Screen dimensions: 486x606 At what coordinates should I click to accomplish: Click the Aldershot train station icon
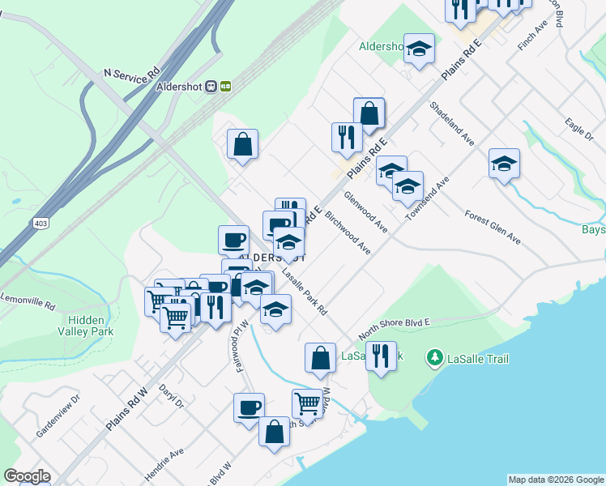(211, 86)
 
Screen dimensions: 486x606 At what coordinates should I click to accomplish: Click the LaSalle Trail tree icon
(435, 357)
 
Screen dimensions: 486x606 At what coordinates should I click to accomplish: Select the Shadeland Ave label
(452, 123)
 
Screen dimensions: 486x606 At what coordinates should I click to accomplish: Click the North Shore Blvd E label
(394, 327)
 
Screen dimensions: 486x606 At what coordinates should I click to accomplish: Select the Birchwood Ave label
(348, 234)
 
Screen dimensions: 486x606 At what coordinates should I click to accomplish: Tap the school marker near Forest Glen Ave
(504, 164)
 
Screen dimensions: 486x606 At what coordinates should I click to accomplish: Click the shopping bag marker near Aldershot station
(242, 145)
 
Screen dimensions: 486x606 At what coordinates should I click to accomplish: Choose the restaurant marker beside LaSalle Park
(380, 356)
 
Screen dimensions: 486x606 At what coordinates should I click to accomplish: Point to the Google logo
(27, 476)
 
